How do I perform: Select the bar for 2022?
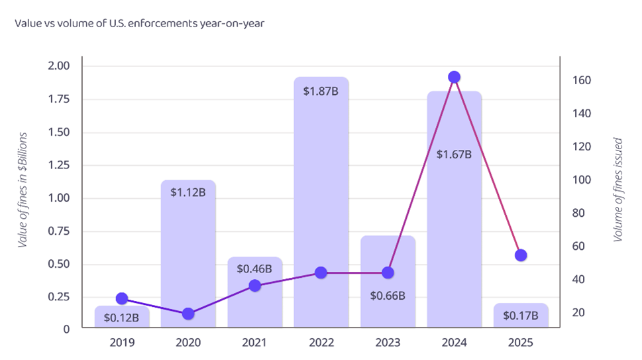click(x=321, y=199)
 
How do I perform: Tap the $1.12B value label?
click(x=188, y=192)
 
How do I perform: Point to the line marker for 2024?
click(x=454, y=78)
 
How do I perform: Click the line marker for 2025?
click(x=521, y=255)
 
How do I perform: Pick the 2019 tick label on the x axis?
click(x=121, y=343)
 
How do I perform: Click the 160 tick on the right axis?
click(x=581, y=81)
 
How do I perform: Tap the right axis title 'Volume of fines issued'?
click(x=618, y=190)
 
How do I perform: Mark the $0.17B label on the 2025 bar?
click(x=520, y=316)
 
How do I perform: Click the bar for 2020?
click(x=188, y=259)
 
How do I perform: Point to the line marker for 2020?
click(x=188, y=314)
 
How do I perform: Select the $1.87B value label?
click(x=321, y=91)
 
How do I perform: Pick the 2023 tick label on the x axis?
click(x=388, y=343)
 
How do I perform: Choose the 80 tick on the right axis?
click(x=578, y=213)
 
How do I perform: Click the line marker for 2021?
click(x=254, y=286)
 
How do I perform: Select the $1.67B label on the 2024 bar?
click(x=454, y=154)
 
